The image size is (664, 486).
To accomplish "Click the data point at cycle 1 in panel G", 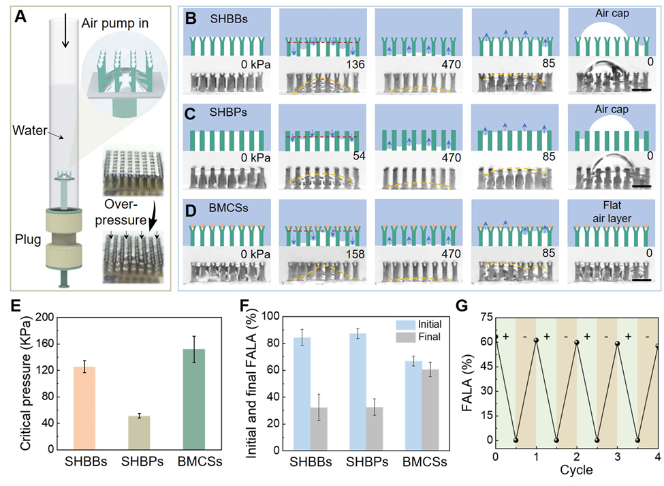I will (536, 339).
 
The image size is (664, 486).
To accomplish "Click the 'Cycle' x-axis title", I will (577, 471).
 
